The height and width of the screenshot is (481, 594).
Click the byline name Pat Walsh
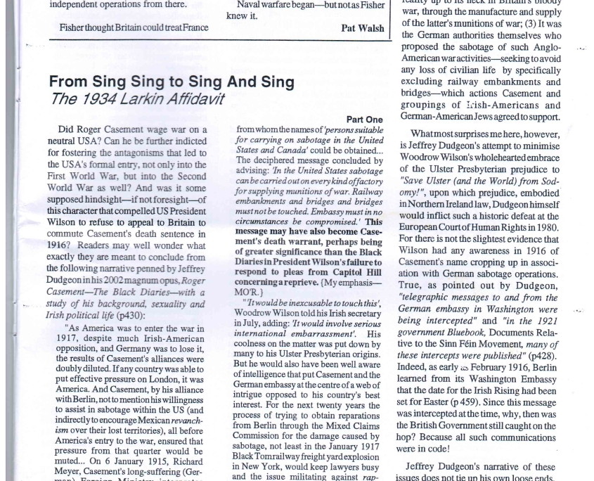[363, 28]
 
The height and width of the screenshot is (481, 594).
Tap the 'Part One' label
[365, 120]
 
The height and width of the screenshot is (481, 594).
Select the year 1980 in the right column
[545, 227]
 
